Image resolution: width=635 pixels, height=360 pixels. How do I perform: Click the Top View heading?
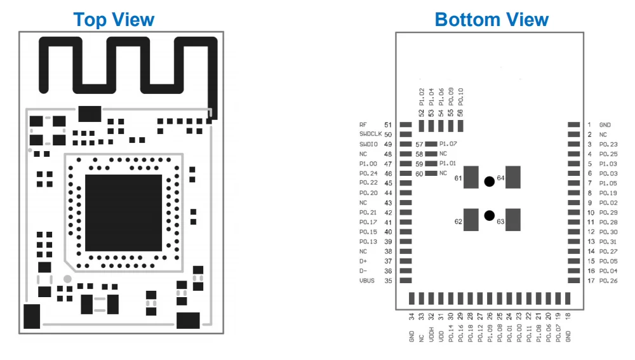[114, 20]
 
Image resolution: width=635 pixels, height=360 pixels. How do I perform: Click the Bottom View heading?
[491, 20]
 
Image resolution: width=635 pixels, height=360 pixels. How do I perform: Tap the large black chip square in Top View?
[124, 213]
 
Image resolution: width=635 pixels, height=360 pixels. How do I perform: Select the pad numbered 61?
[471, 177]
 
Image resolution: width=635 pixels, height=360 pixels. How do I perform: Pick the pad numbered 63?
[513, 220]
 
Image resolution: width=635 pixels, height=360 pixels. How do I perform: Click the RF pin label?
[363, 124]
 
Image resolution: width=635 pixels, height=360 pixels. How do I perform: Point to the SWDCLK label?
[371, 134]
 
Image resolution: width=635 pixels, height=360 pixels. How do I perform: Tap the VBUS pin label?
[367, 281]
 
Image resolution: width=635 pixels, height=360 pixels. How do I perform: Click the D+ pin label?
[363, 261]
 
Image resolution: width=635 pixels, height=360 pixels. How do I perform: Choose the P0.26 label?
[608, 281]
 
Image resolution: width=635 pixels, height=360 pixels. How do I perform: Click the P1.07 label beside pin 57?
[448, 143]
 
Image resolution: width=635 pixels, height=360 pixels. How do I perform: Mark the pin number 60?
[419, 174]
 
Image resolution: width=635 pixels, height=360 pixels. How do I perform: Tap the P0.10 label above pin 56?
[460, 97]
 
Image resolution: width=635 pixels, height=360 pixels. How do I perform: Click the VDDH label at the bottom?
[431, 335]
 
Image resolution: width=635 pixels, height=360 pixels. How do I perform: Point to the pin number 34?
[411, 317]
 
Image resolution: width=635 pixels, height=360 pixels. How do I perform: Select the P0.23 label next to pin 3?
[608, 144]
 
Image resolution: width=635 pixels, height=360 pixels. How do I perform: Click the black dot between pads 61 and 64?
[489, 182]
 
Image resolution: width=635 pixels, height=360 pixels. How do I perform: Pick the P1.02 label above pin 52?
[422, 97]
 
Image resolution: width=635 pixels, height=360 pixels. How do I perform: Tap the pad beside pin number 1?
[574, 124]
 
